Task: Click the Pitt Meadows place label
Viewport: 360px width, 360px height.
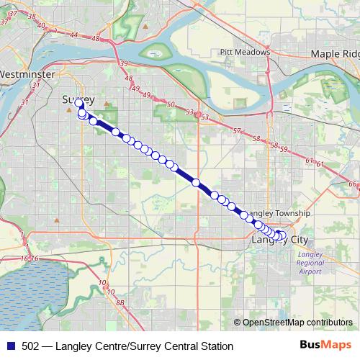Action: coord(246,52)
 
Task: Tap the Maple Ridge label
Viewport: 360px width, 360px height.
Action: coord(335,54)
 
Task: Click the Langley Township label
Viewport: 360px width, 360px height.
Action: coord(279,214)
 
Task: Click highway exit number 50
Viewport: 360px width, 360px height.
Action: coord(171,106)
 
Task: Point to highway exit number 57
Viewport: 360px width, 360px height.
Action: coord(237,130)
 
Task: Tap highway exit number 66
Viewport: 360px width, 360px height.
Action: coord(352,185)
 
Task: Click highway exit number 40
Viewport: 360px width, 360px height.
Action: coord(41,27)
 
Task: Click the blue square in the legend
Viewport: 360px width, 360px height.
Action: coord(11,346)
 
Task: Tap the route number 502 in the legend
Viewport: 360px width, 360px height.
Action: coord(31,346)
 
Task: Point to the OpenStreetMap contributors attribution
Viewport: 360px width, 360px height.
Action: coord(297,322)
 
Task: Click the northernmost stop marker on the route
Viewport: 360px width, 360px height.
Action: coord(79,104)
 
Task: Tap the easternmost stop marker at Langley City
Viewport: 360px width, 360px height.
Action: coord(282,235)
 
